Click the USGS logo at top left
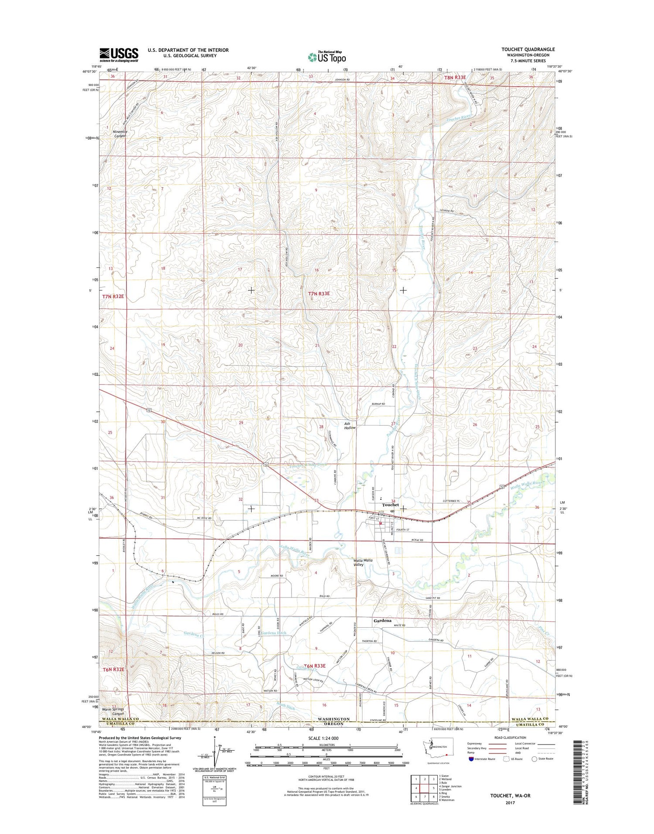[x=119, y=55]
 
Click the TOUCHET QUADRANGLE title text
[x=528, y=49]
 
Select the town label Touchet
[x=390, y=505]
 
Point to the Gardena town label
[x=382, y=620]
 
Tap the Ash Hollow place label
[x=350, y=426]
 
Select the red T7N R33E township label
[x=319, y=294]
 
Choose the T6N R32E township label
[x=114, y=669]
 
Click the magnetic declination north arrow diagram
[x=215, y=752]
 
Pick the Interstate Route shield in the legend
[x=471, y=759]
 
